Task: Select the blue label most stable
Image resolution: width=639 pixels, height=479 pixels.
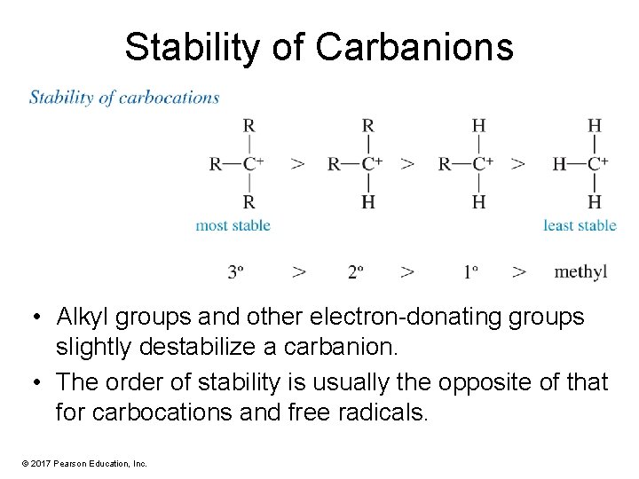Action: coord(233,225)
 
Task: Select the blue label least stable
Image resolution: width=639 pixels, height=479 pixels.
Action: coord(580,225)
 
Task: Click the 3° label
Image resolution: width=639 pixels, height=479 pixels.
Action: coord(236,271)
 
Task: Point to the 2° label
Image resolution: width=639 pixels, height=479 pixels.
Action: coord(356,271)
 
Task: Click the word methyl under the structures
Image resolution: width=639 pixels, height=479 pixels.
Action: coord(580,271)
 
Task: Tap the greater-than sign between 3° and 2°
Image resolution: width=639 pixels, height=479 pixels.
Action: coord(299,271)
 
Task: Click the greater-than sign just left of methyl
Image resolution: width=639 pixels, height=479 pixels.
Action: coord(519,271)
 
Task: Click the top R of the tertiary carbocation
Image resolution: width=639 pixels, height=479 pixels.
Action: coord(249,125)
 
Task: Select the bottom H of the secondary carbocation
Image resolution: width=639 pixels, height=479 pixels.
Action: coord(368,202)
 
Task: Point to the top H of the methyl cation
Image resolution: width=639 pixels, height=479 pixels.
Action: coord(595,125)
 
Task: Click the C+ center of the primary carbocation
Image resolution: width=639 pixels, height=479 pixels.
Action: coord(482,163)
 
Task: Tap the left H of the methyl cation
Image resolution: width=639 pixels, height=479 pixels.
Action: coord(559,163)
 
